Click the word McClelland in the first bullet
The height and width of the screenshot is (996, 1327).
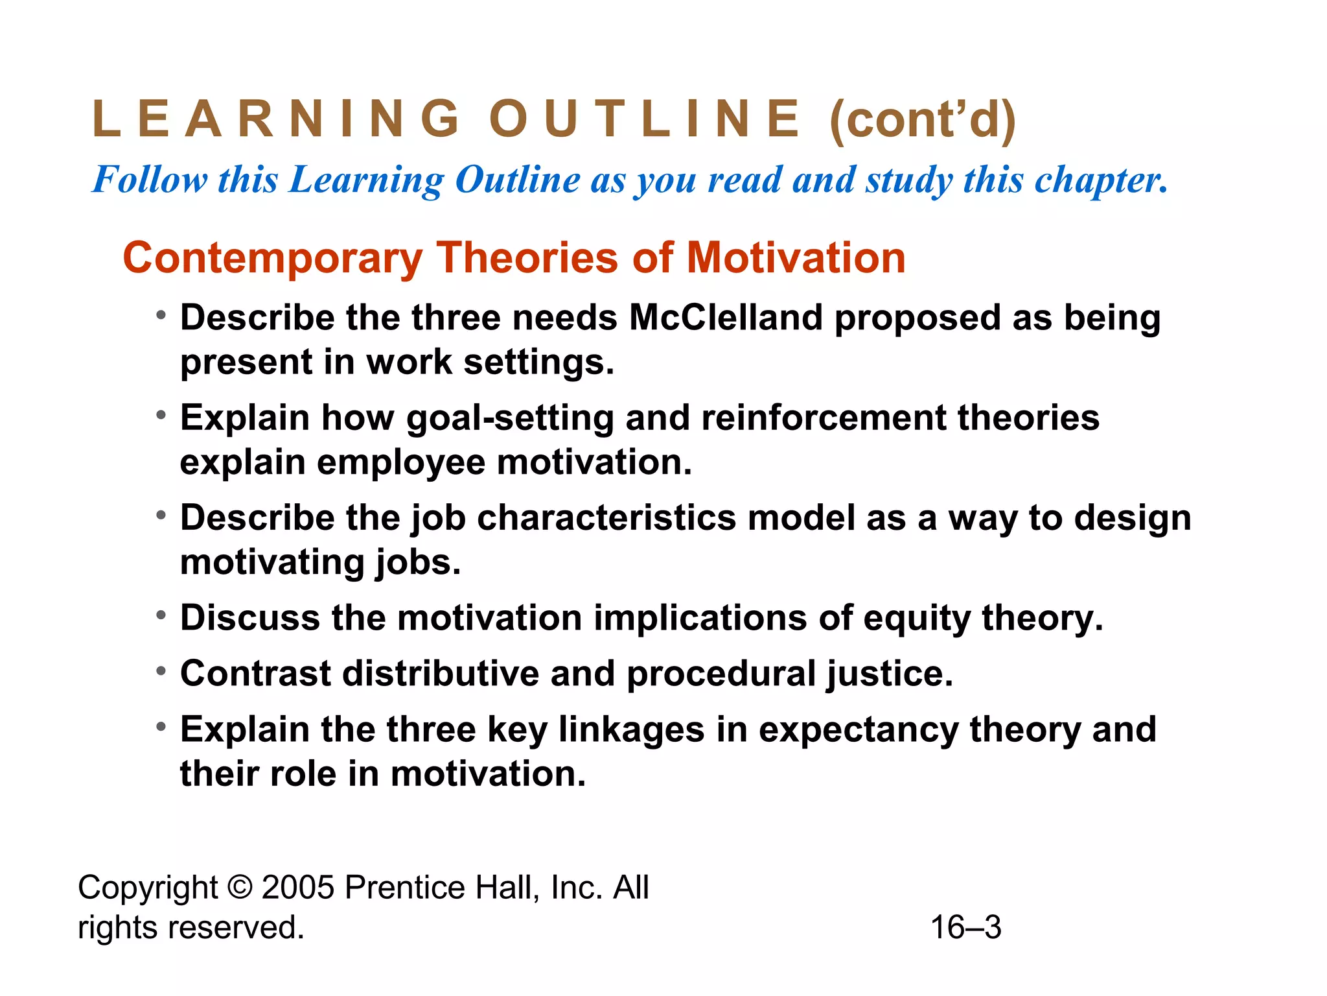coord(725,318)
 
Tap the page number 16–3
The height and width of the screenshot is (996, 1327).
coord(965,927)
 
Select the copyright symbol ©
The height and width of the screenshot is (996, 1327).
coord(239,887)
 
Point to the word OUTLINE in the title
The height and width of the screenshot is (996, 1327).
coord(645,119)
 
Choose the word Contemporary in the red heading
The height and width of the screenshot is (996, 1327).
coord(272,258)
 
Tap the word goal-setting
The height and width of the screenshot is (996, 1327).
coord(510,418)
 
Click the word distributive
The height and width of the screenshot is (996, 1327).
coord(441,673)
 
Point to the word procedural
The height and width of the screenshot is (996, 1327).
coord(721,673)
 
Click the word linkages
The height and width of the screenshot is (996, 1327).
coord(631,729)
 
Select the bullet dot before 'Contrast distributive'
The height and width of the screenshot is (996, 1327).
coord(161,670)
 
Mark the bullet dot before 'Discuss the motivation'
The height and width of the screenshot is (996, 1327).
coord(161,615)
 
